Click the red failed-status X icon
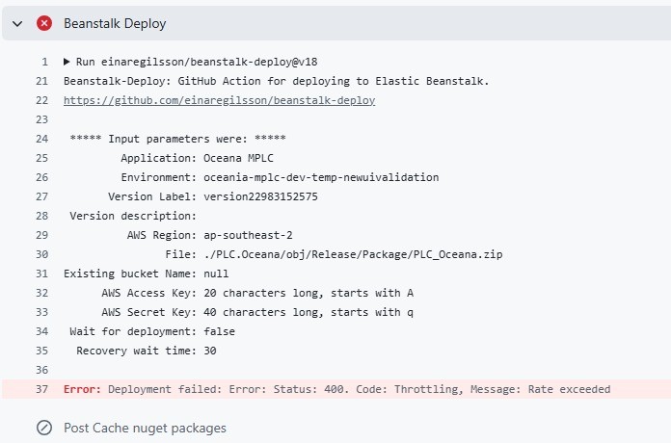[x=44, y=23]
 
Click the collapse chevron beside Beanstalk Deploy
[x=17, y=23]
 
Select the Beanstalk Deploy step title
[x=115, y=23]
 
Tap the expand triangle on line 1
[x=67, y=62]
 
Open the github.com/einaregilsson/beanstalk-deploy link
[x=219, y=100]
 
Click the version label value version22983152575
[x=260, y=196]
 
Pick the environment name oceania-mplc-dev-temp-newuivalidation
[x=321, y=177]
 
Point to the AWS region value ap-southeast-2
[x=248, y=235]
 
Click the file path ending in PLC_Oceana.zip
[x=353, y=254]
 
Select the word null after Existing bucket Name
[x=216, y=274]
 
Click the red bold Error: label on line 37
[x=82, y=389]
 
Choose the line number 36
[x=42, y=370]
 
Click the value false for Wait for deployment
[x=219, y=331]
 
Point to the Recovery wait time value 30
[x=210, y=351]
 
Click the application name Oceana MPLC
[x=238, y=158]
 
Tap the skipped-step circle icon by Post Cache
[x=44, y=428]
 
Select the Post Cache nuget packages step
[x=145, y=428]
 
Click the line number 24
[x=42, y=139]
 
